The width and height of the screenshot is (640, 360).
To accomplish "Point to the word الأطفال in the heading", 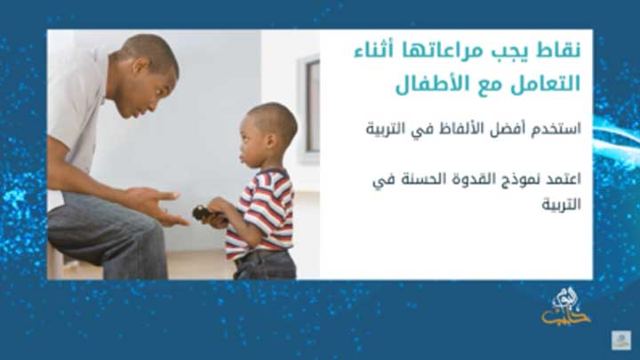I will pos(426,86).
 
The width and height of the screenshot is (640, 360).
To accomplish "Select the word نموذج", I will pos(509,180).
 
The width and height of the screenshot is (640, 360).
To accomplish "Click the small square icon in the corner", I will pos(620,340).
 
